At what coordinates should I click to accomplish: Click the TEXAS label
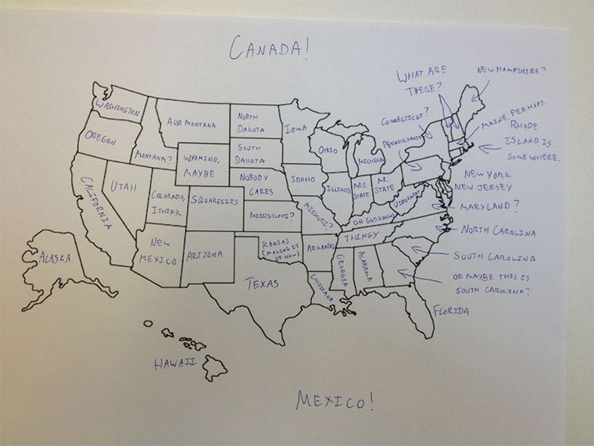pos(262,284)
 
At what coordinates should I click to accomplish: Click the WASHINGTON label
pos(117,106)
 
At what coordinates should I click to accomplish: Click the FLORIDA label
pos(451,311)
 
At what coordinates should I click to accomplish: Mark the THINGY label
pos(362,235)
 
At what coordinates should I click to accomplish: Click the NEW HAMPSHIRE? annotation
pos(511,70)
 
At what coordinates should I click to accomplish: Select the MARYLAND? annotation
pos(488,207)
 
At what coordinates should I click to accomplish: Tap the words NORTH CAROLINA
pos(498,231)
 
